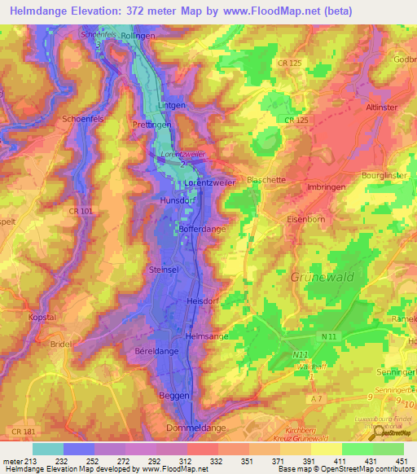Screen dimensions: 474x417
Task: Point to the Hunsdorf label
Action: coord(176,200)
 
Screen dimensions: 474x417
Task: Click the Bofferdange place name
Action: coord(201,230)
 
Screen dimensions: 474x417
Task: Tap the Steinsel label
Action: coord(165,269)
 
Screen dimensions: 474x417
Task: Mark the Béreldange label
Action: coord(151,350)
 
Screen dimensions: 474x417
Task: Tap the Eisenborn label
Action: coord(308,218)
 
